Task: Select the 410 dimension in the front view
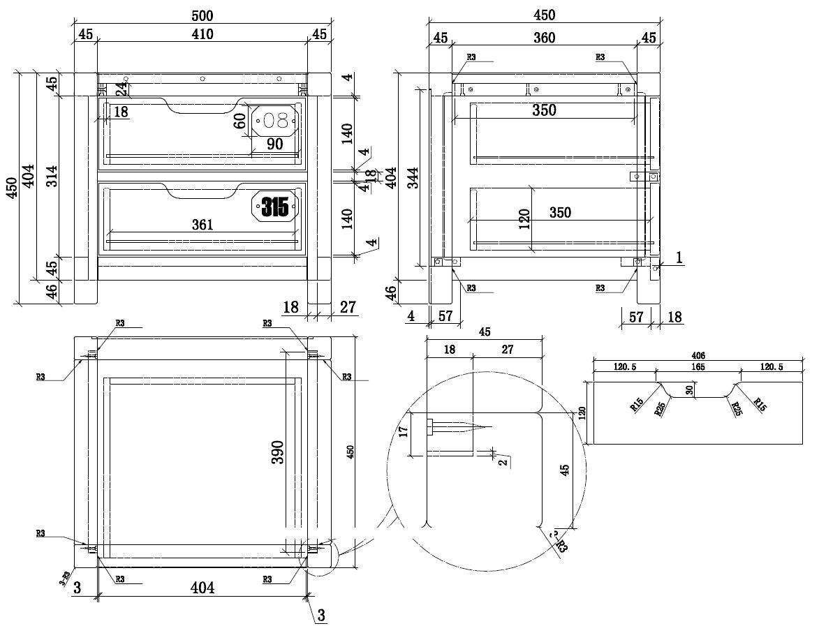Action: click(202, 33)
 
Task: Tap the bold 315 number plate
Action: click(275, 206)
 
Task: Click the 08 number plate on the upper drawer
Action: click(275, 121)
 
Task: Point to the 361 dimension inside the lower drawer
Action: click(202, 225)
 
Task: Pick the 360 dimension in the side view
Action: click(544, 38)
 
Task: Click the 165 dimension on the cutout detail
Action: click(698, 366)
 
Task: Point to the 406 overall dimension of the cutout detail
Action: click(698, 356)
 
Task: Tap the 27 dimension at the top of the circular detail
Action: click(507, 350)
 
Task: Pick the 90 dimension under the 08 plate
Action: click(274, 144)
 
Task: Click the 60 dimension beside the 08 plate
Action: click(241, 121)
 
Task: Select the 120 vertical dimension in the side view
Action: click(525, 218)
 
